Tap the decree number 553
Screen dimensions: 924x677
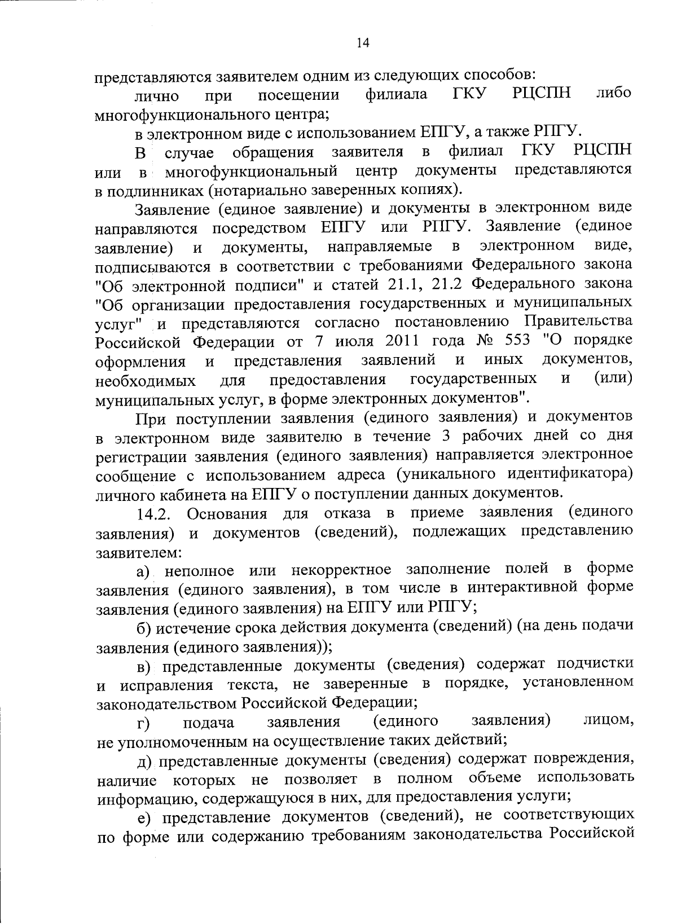point(516,341)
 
